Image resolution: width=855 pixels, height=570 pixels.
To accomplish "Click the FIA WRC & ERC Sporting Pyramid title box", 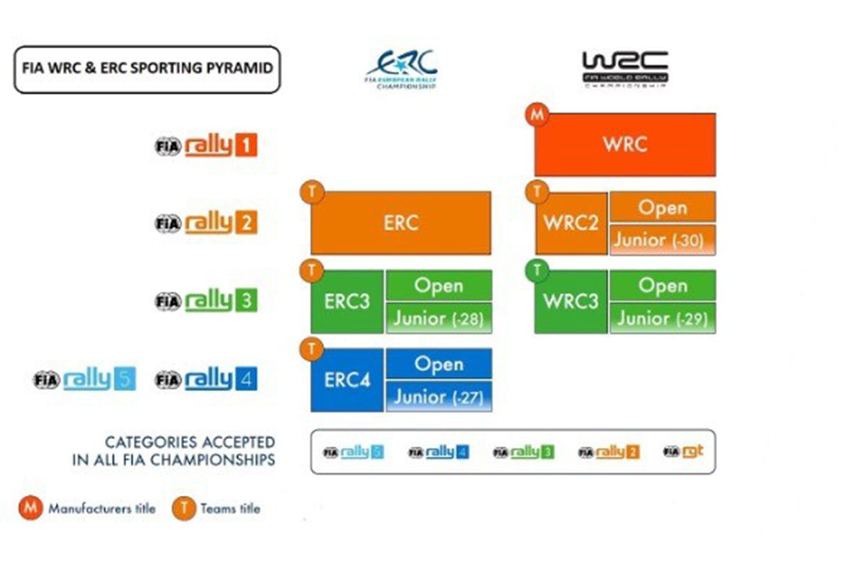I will pyautogui.click(x=147, y=70).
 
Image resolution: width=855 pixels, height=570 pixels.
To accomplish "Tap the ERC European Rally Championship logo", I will pyautogui.click(x=401, y=68).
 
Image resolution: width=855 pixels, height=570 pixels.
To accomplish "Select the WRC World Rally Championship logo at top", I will pyautogui.click(x=625, y=68).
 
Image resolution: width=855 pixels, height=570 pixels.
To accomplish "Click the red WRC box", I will pyautogui.click(x=625, y=145).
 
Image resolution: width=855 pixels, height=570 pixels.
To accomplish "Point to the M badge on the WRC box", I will pyautogui.click(x=535, y=115).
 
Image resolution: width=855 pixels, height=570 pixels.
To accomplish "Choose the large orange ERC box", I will pyautogui.click(x=400, y=222).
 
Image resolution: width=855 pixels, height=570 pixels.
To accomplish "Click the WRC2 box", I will pyautogui.click(x=571, y=223).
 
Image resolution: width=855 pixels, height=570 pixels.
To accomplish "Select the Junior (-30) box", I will pyautogui.click(x=663, y=240).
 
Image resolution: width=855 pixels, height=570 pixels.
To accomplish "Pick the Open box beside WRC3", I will pyautogui.click(x=663, y=286).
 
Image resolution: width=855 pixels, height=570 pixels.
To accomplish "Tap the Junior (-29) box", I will pyautogui.click(x=663, y=318).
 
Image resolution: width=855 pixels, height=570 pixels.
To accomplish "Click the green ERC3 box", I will pyautogui.click(x=348, y=302).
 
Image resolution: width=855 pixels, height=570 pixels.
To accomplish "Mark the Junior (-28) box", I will pyautogui.click(x=439, y=318).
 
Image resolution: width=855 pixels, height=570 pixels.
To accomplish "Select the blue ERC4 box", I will pyautogui.click(x=348, y=380).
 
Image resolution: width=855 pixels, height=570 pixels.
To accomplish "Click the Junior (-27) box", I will pyautogui.click(x=439, y=396).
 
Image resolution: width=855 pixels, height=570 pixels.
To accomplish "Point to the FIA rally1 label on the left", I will pyautogui.click(x=206, y=147).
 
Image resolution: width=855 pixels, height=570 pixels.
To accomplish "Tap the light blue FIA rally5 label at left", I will pyautogui.click(x=84, y=379).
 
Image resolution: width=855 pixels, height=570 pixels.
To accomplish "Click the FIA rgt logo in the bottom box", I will pyautogui.click(x=683, y=452).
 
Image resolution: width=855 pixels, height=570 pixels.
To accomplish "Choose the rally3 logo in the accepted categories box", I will pyautogui.click(x=524, y=452).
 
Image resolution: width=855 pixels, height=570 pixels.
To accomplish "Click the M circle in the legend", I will pyautogui.click(x=31, y=509).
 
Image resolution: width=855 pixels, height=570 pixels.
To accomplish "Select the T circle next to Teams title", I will pyautogui.click(x=183, y=509).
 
